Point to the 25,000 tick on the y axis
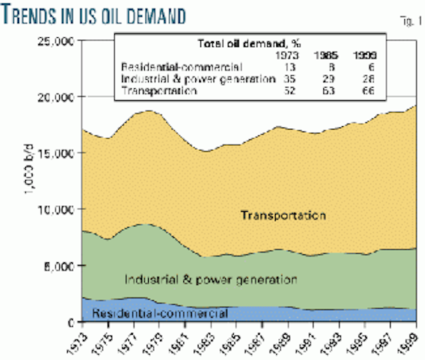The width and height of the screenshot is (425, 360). click(x=54, y=41)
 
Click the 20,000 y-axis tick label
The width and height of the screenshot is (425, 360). click(x=54, y=97)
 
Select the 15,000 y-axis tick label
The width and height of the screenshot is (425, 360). click(x=54, y=153)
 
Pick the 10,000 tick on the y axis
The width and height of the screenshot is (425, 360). click(x=54, y=209)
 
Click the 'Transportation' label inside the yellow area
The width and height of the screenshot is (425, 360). click(x=283, y=217)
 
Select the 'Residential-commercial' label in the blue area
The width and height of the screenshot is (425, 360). click(x=161, y=313)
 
